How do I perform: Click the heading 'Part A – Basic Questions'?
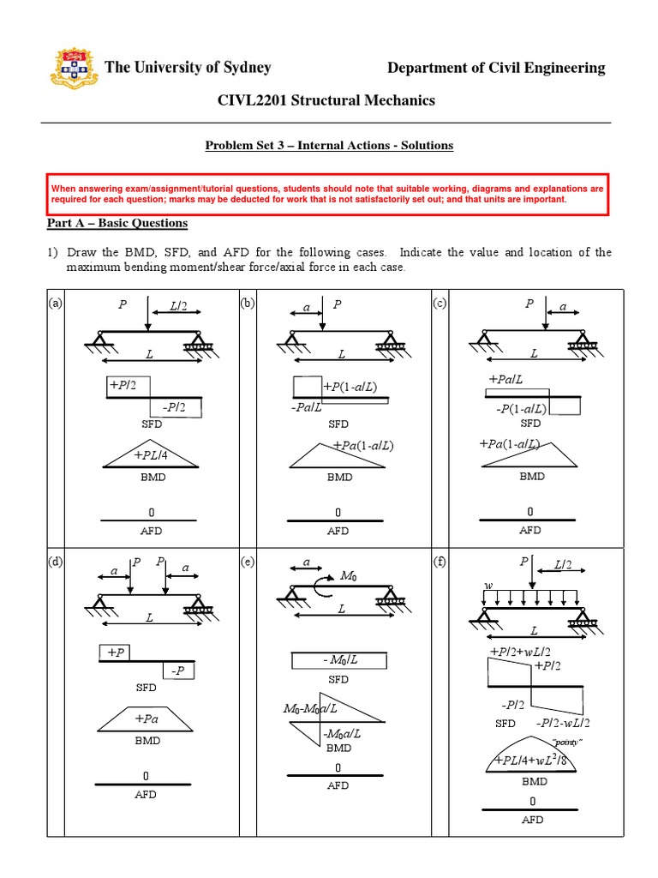click(116, 223)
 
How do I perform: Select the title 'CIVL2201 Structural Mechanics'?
click(328, 100)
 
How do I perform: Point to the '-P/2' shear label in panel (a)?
click(176, 407)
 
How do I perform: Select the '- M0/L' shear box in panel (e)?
click(338, 660)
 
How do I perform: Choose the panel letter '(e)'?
click(248, 562)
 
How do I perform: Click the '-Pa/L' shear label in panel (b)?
click(306, 407)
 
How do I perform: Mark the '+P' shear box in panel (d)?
click(116, 652)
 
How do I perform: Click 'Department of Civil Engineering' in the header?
click(496, 68)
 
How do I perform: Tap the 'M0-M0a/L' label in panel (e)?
click(310, 709)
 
